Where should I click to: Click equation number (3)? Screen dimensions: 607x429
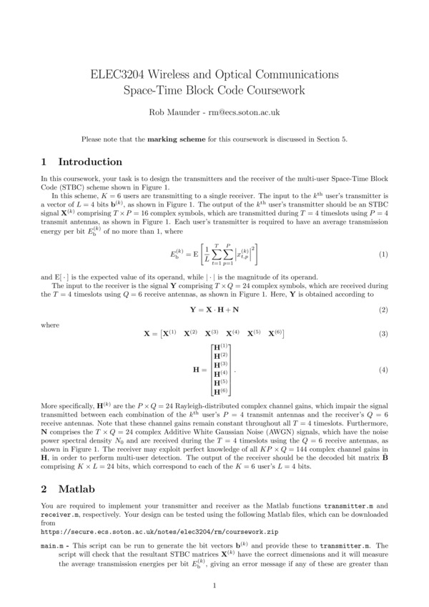pos(383,334)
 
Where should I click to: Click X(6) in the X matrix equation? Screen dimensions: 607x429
pos(276,334)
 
